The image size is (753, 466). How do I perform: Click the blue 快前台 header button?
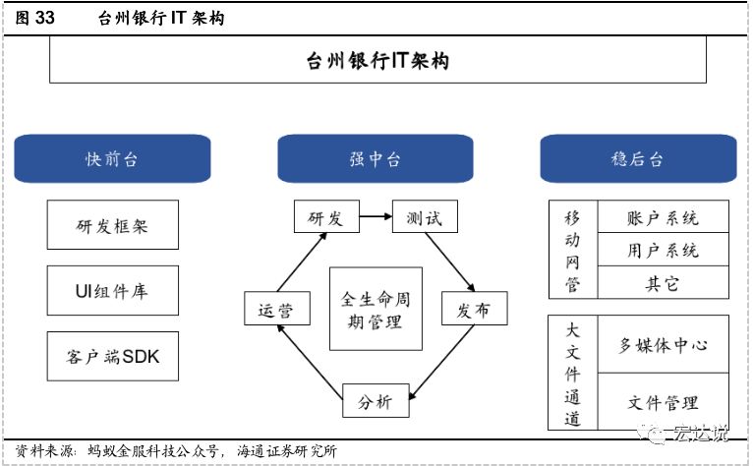point(112,158)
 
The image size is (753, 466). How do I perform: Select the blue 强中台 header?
point(376,158)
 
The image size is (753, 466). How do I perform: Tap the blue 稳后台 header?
point(638,158)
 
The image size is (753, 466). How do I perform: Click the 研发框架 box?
point(113,225)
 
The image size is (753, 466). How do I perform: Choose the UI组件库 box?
point(113,291)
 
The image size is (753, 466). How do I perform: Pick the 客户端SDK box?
point(113,356)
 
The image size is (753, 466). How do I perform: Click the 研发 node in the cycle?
point(326,216)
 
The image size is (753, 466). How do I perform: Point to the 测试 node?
point(425,216)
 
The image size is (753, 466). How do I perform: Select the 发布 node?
point(475,309)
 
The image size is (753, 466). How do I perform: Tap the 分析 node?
point(376,401)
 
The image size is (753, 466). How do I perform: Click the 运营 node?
point(277,309)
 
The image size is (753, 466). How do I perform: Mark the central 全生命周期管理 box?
point(376,309)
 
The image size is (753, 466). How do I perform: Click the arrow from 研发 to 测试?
point(376,216)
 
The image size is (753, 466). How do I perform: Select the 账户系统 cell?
point(664,217)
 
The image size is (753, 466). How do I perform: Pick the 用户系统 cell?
point(664,250)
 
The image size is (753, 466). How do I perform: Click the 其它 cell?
point(664,282)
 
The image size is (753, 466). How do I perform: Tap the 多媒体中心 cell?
point(664,344)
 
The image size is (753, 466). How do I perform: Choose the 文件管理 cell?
point(664,402)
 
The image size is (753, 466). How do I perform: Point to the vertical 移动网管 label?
point(572,251)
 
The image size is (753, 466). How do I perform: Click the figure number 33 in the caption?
point(44,18)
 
